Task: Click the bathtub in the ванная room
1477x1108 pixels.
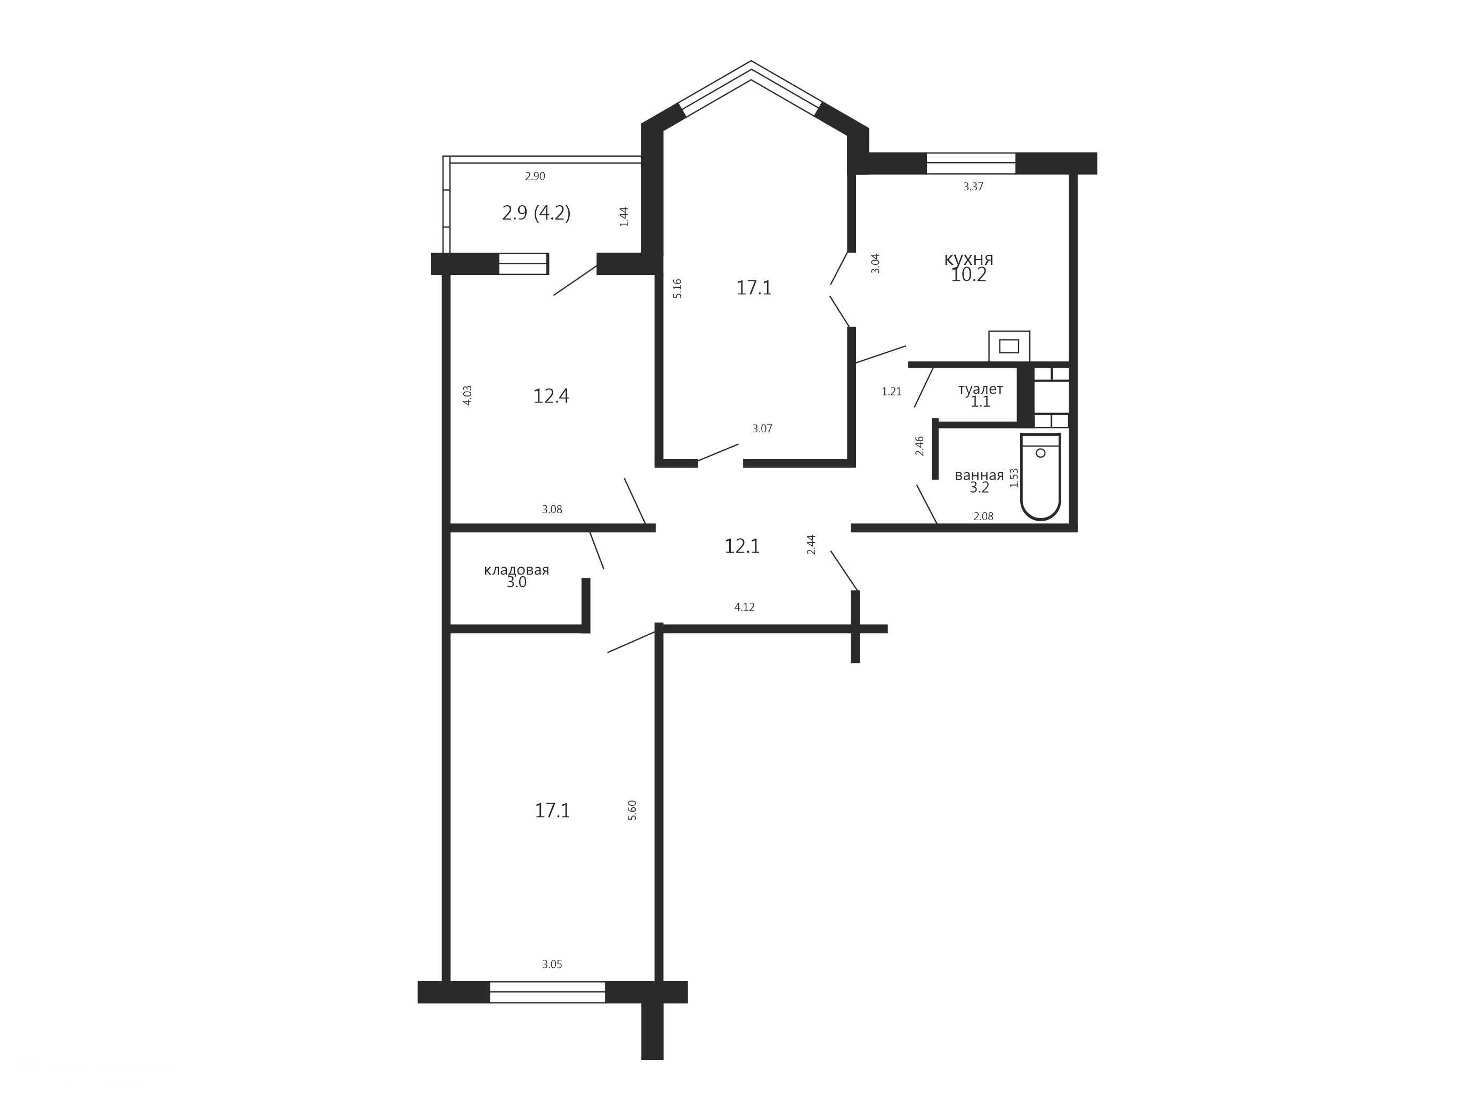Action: click(1040, 476)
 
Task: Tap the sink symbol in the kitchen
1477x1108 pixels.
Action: click(1009, 346)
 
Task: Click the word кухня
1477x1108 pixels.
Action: click(968, 259)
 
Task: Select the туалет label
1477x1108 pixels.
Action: click(980, 389)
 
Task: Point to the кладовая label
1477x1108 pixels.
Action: click(516, 570)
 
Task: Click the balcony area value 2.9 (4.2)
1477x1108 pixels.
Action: click(536, 213)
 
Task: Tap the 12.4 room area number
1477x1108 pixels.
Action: click(551, 397)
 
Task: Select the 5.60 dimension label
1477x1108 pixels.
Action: click(632, 810)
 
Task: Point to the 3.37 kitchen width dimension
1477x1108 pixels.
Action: click(973, 187)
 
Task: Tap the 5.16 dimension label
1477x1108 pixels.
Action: click(677, 288)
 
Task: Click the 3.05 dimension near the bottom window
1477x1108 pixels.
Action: click(552, 965)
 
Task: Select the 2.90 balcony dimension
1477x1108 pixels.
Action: click(535, 176)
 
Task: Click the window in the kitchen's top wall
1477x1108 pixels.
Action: click(971, 164)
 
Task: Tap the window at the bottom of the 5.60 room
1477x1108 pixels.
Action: click(547, 992)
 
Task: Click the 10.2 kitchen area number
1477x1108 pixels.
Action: click(968, 275)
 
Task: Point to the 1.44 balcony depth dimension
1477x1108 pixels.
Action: click(624, 217)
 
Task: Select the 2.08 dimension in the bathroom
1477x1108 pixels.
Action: click(983, 516)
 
